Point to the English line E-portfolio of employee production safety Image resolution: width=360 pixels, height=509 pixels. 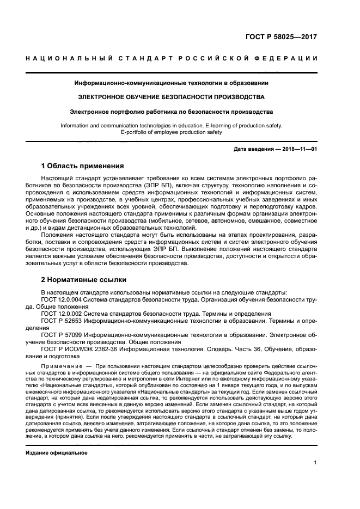pos(172,132)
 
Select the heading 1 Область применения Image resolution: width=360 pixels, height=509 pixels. pos(83,165)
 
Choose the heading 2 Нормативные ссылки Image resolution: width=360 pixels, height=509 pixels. pos(84,280)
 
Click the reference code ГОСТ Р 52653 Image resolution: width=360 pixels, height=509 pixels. pos(63,321)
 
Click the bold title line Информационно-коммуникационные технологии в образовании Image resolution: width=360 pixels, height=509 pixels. pos(172,83)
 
